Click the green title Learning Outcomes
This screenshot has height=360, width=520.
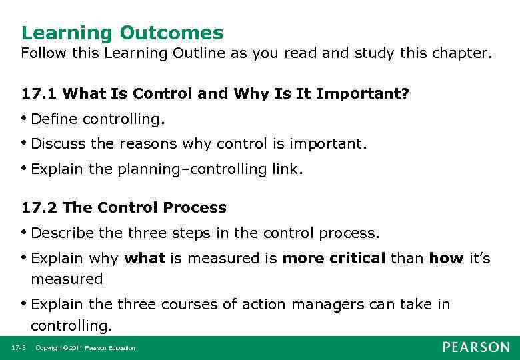pyautogui.click(x=122, y=33)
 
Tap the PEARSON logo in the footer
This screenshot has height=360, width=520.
pyautogui.click(x=475, y=347)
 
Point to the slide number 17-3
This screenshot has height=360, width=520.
pyautogui.click(x=18, y=348)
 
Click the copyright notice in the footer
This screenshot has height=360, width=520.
pyautogui.click(x=85, y=348)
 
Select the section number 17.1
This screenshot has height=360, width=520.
pyautogui.click(x=39, y=94)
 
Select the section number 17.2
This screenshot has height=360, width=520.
pyautogui.click(x=39, y=207)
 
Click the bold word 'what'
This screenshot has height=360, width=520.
pyautogui.click(x=145, y=258)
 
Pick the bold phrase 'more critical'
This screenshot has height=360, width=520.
pyautogui.click(x=334, y=258)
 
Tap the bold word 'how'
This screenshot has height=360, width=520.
pyautogui.click(x=446, y=258)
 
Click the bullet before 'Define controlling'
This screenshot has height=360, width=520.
pyautogui.click(x=25, y=118)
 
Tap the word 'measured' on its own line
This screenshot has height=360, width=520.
pyautogui.click(x=67, y=279)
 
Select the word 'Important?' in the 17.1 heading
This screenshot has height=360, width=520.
pyautogui.click(x=363, y=94)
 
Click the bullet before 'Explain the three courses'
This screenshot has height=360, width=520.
pyautogui.click(x=25, y=304)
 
